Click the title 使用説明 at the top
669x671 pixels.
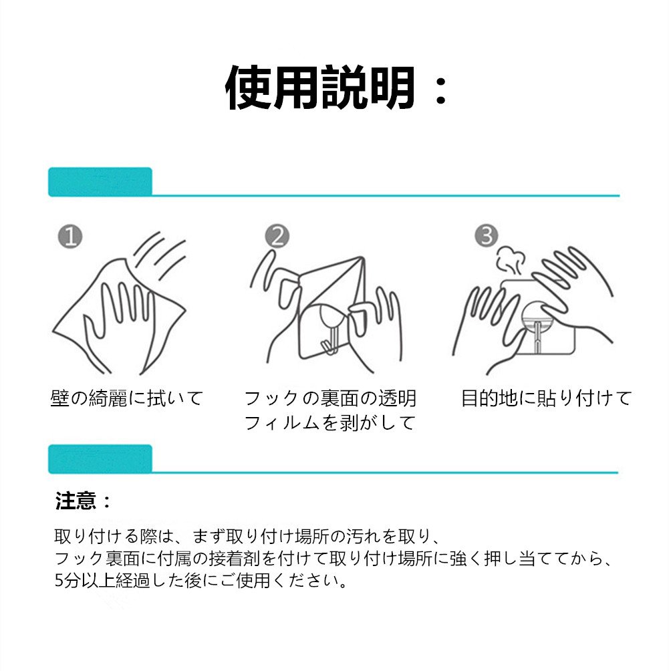319,88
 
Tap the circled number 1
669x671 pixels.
70,237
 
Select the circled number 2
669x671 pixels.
277,236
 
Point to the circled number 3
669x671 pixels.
487,235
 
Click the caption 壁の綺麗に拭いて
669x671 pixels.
127,398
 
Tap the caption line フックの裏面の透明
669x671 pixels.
330,398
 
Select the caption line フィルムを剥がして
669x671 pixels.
329,422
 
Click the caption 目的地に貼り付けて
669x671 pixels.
547,398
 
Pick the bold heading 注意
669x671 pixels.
76,501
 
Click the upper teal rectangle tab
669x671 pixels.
100,181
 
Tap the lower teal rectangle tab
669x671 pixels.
100,458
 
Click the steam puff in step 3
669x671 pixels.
511,261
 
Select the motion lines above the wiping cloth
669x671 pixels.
160,256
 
